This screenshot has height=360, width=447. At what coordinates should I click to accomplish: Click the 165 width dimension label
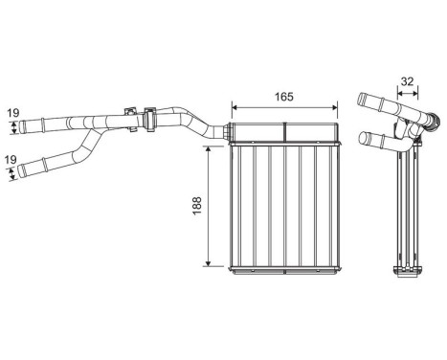284,97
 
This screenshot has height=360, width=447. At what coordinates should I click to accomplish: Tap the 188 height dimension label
197,206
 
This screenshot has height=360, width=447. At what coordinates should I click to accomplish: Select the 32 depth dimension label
407,81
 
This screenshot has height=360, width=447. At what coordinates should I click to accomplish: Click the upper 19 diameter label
13,113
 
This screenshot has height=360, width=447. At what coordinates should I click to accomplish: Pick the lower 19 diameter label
11,160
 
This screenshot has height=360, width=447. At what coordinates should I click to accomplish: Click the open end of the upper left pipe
22,126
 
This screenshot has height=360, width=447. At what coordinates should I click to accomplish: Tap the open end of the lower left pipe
20,171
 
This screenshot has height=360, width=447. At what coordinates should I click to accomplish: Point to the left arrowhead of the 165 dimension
235,107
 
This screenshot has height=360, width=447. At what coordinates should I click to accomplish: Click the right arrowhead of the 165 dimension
334,107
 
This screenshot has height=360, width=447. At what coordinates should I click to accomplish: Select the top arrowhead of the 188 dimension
208,149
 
